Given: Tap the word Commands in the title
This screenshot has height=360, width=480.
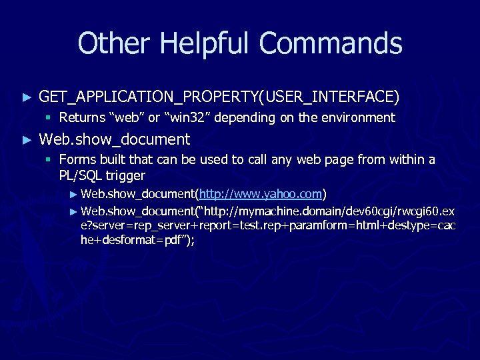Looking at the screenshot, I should click(x=331, y=44).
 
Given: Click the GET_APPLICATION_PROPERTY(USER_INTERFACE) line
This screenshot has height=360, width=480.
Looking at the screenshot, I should click(x=219, y=97).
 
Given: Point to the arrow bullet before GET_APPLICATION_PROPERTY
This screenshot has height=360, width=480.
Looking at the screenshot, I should click(x=27, y=98).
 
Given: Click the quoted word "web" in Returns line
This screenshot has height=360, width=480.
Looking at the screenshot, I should click(x=126, y=118).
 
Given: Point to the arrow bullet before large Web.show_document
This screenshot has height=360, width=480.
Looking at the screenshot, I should click(x=27, y=140).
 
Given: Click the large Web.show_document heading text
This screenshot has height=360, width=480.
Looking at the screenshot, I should click(x=115, y=139).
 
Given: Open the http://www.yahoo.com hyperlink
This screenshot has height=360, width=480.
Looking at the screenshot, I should click(x=261, y=194).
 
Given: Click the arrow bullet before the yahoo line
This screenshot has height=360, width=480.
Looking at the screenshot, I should click(x=73, y=195).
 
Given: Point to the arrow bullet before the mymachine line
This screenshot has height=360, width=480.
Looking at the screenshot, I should click(x=73, y=211).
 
